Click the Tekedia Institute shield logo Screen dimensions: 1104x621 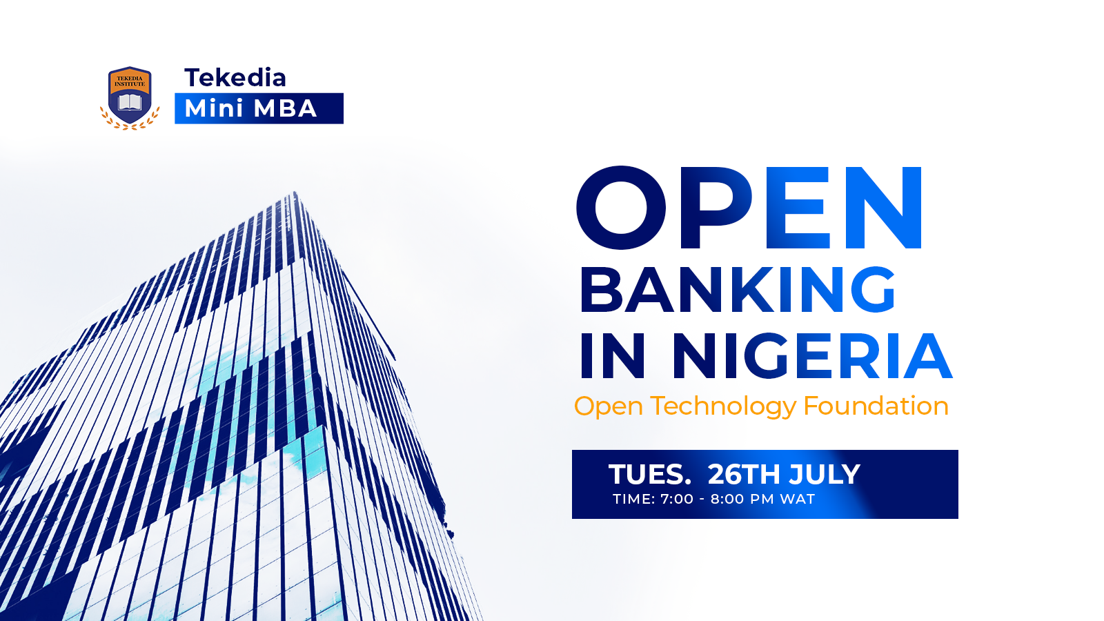(130, 98)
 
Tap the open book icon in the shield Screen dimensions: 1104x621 (130, 103)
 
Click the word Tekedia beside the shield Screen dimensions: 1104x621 (235, 78)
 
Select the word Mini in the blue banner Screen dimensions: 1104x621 (214, 108)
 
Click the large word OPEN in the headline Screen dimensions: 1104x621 (749, 208)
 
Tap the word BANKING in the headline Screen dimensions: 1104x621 (738, 289)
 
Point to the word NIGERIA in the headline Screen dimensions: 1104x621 (812, 355)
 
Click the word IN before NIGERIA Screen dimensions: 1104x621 (612, 355)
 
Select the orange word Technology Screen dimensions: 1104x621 (723, 407)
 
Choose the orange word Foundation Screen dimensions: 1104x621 (876, 406)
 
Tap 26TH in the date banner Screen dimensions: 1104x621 (745, 475)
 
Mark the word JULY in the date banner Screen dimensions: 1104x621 (824, 475)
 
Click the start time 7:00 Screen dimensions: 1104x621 (677, 500)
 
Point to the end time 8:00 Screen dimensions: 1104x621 (727, 500)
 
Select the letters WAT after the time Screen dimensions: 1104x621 (798, 500)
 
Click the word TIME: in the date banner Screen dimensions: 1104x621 (634, 500)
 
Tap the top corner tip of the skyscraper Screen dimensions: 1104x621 (295, 192)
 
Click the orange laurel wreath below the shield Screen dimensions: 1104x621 (130, 121)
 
